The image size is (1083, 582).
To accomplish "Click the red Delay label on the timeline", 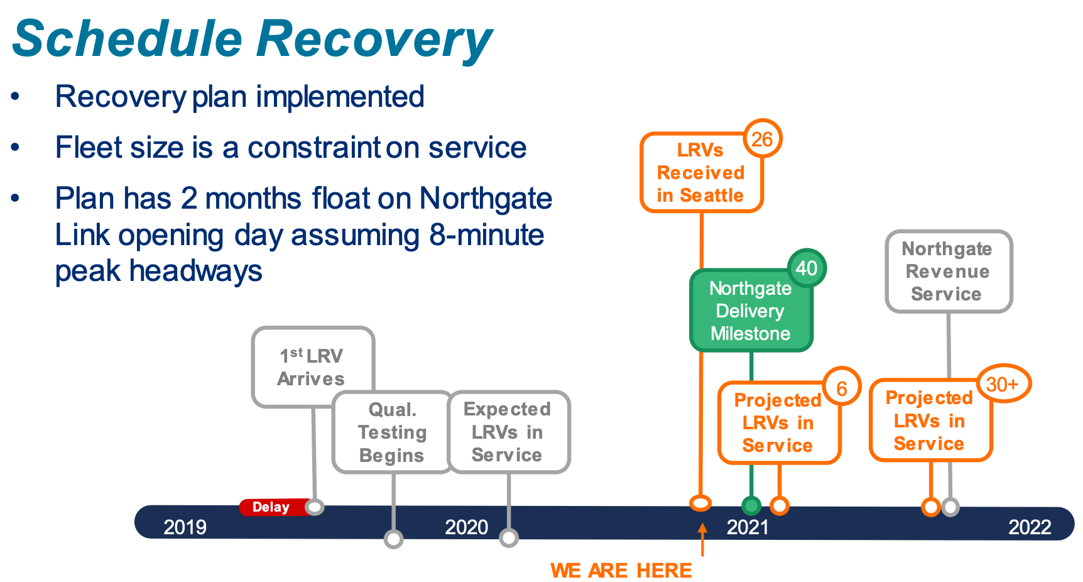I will [271, 507].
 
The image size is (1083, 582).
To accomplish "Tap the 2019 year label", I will [185, 527].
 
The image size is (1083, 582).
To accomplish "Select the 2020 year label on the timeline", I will [466, 527].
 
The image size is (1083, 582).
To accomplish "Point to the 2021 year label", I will [748, 527].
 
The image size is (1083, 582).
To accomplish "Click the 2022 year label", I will [1029, 527].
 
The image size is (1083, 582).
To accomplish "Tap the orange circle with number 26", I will [762, 139].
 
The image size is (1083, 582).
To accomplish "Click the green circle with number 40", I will [807, 268].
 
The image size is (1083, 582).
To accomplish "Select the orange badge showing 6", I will [841, 388].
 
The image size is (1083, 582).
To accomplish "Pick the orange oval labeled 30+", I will [1003, 384].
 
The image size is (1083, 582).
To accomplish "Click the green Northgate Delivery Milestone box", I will [750, 311].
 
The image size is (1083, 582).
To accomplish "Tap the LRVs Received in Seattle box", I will [700, 173].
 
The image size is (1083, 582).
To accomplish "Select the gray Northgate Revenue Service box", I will [947, 272].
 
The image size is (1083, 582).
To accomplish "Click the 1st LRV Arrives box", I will [312, 367].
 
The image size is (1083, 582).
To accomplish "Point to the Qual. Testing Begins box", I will [392, 432].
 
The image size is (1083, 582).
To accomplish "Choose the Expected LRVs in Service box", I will [508, 432].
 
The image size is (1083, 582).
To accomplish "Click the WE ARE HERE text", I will [621, 570].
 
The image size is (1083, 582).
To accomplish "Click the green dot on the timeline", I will [751, 505].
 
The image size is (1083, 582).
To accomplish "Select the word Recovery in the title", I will [374, 39].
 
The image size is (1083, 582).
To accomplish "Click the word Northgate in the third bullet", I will [486, 199].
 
